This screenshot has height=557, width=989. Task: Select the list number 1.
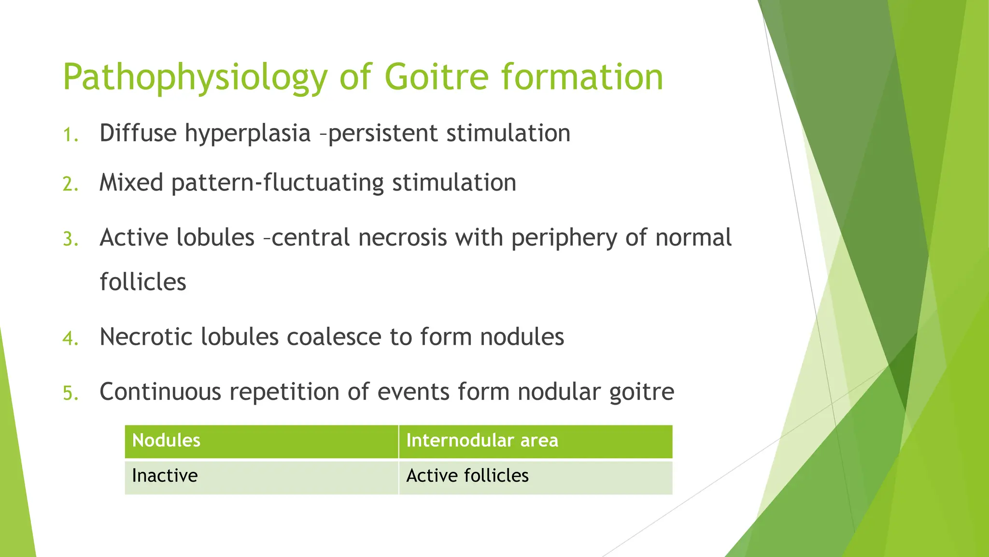click(71, 135)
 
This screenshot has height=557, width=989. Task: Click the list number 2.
click(71, 184)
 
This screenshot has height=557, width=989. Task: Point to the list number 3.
click(71, 239)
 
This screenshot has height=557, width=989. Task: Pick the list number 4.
click(71, 338)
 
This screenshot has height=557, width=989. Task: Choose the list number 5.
click(71, 393)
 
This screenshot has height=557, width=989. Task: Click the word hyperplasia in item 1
click(247, 134)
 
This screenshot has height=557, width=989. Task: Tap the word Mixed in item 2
click(131, 183)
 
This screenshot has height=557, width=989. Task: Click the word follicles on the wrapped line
click(143, 282)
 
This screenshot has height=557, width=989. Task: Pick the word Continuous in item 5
click(160, 391)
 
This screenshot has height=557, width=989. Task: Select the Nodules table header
click(166, 440)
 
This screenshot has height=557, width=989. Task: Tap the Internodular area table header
click(482, 440)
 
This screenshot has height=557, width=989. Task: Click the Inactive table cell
click(165, 476)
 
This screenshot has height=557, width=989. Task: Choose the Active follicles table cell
click(467, 476)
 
